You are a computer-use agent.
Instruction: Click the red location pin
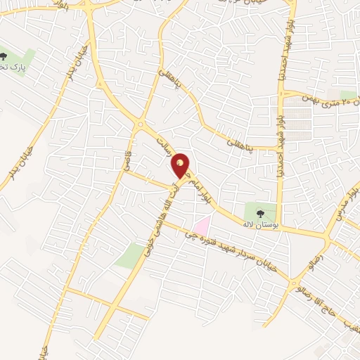pos(181,165)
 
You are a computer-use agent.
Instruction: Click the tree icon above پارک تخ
pos(6,55)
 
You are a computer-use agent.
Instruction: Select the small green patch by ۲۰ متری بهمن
pos(348,94)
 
